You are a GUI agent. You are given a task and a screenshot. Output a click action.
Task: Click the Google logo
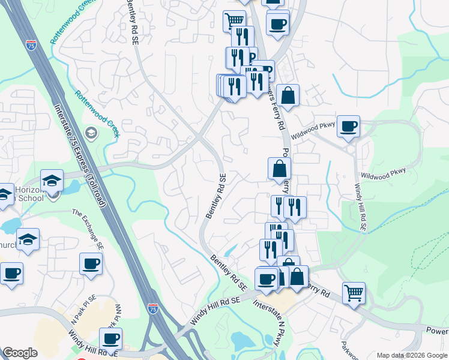pos(20,353)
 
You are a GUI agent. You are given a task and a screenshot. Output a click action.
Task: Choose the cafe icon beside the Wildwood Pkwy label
pos(348,127)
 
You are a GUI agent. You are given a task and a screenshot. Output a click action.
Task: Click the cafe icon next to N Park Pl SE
pos(91,264)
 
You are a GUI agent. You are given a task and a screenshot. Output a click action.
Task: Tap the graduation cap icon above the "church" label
pos(28,239)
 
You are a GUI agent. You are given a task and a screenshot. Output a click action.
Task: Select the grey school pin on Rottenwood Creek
pos(92,133)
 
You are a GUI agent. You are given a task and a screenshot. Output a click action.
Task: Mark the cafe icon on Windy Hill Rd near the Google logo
pos(110,338)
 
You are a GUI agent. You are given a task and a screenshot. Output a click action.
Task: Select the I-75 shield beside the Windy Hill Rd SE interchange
pos(153,308)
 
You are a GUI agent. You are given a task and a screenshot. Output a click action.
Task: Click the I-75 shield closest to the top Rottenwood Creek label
pos(32,45)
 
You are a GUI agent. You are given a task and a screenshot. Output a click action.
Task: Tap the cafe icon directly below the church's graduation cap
pos(11,274)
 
